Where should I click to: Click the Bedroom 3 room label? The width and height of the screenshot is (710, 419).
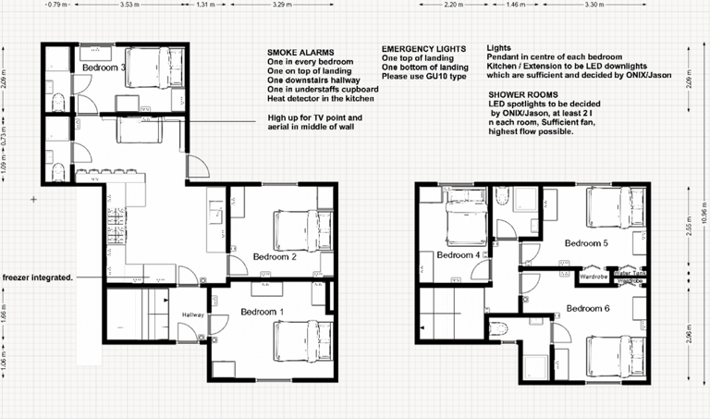pos(104,68)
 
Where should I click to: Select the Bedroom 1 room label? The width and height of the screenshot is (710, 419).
pos(262,313)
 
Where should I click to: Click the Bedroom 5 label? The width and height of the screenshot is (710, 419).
pos(587,243)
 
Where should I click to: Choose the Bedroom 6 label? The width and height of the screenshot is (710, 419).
pos(589,308)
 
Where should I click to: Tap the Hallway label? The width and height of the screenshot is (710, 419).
pos(192,314)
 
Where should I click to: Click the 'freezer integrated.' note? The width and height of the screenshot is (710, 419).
pos(37,277)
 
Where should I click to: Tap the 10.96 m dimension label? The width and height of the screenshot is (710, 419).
pos(704,215)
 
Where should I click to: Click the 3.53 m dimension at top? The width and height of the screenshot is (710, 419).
pos(130,5)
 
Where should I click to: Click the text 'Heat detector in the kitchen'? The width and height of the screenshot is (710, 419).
pos(321,98)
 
